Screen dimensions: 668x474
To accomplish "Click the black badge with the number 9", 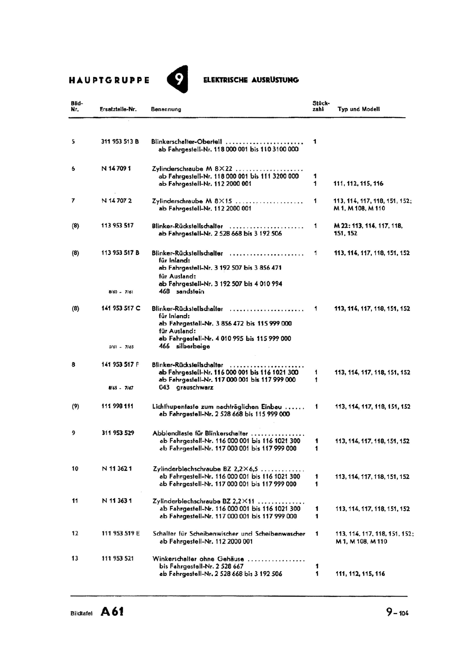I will tap(178, 78).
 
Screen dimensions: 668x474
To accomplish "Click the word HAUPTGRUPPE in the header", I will tap(109, 80).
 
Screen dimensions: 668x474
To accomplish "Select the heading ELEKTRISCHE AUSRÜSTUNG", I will tap(251, 80).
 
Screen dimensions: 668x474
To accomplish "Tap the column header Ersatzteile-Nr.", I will tap(118, 109).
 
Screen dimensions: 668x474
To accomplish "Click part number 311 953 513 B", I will tap(120, 142).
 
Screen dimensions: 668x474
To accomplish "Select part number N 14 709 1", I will tap(116, 169).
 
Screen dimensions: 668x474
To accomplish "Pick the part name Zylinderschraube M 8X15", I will tap(192, 201).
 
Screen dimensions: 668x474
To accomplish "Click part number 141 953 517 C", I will tap(121, 309).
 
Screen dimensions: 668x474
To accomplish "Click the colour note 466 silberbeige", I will tap(184, 346).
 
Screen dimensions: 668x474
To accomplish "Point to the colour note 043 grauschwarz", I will tap(186, 387).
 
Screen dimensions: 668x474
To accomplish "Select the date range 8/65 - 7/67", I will tap(121, 388).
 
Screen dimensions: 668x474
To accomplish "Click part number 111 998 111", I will tap(118, 406).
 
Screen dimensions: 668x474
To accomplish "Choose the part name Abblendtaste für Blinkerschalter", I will tap(200, 433).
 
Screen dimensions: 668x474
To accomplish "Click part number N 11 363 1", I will tap(117, 501).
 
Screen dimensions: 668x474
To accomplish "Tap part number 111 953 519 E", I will tap(121, 533).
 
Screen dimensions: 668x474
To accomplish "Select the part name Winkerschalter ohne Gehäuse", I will tap(198, 559).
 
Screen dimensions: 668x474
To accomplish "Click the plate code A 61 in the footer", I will tap(111, 612).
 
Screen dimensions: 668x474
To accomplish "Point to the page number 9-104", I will tap(397, 612).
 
